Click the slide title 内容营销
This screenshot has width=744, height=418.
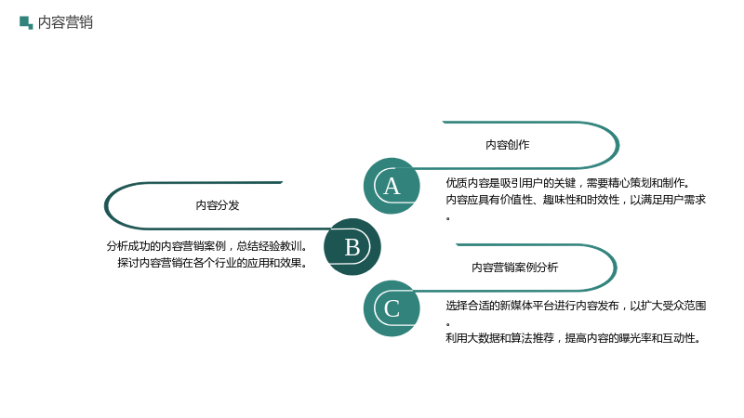pos(65,22)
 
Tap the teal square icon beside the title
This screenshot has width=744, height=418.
pos(26,22)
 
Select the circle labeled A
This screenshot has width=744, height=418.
pos(392,186)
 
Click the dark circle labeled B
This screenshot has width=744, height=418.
pos(352,247)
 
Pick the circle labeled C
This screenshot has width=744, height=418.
pos(392,308)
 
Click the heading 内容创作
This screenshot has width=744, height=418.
pos(507,145)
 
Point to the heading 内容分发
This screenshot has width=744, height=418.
pos(218,205)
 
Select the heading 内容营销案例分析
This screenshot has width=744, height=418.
pos(515,268)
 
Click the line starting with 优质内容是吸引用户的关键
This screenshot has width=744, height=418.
pos(568,183)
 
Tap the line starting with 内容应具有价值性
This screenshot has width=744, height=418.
pos(576,200)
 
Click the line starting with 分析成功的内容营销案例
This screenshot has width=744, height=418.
pos(206,246)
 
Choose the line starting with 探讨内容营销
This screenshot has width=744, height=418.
pos(212,263)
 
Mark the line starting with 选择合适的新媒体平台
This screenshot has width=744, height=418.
pos(576,306)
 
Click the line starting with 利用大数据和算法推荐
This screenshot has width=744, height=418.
pos(573,338)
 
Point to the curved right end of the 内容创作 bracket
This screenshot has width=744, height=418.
pos(618,145)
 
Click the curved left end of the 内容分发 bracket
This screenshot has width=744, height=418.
pos(106,205)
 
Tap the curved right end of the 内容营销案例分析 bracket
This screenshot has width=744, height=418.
pos(616,268)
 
